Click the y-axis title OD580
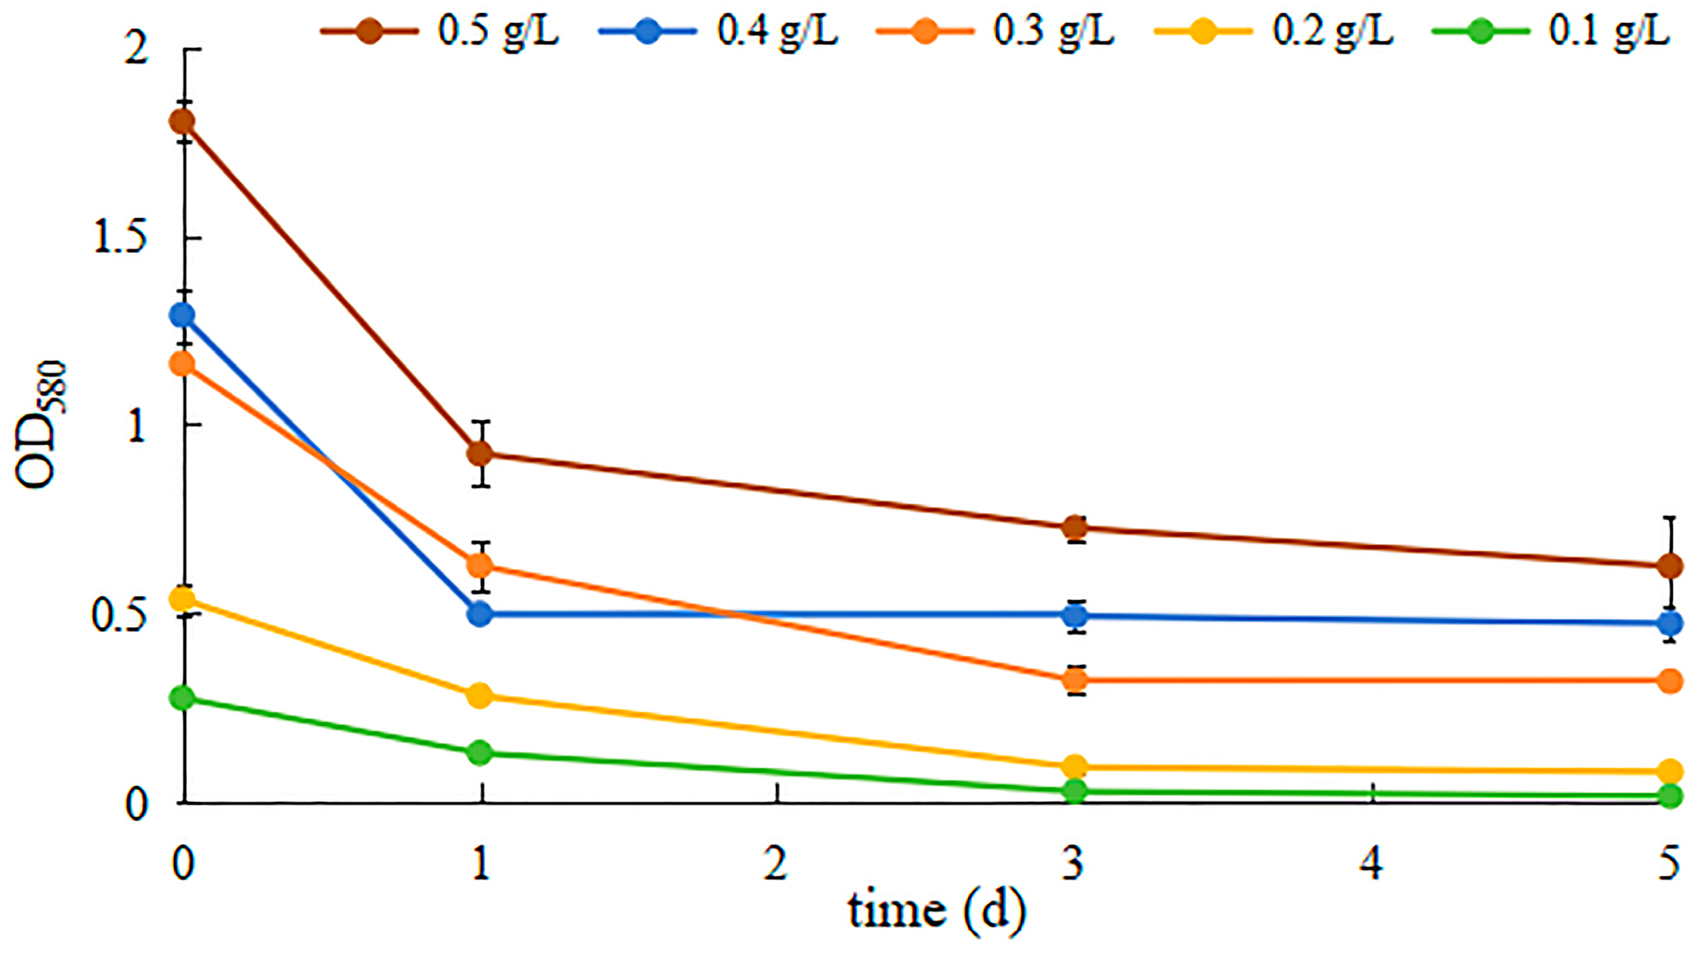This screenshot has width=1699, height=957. pyautogui.click(x=41, y=425)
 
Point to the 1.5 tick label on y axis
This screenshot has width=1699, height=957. pyautogui.click(x=120, y=237)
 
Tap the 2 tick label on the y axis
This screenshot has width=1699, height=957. pyautogui.click(x=136, y=49)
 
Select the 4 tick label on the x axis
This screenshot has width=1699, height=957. pyautogui.click(x=1371, y=863)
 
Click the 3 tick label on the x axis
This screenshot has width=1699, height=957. pyautogui.click(x=1073, y=863)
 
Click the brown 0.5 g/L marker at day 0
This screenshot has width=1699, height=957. pyautogui.click(x=182, y=121)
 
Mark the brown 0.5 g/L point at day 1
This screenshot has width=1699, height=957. pyautogui.click(x=480, y=454)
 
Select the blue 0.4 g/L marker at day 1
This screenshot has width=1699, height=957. pyautogui.click(x=480, y=614)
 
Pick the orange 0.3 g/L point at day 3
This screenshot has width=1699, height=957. pyautogui.click(x=1075, y=679)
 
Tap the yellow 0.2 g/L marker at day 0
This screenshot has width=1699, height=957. pyautogui.click(x=182, y=599)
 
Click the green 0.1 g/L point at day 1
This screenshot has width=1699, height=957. pyautogui.click(x=480, y=752)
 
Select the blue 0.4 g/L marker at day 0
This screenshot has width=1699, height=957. pyautogui.click(x=182, y=315)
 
